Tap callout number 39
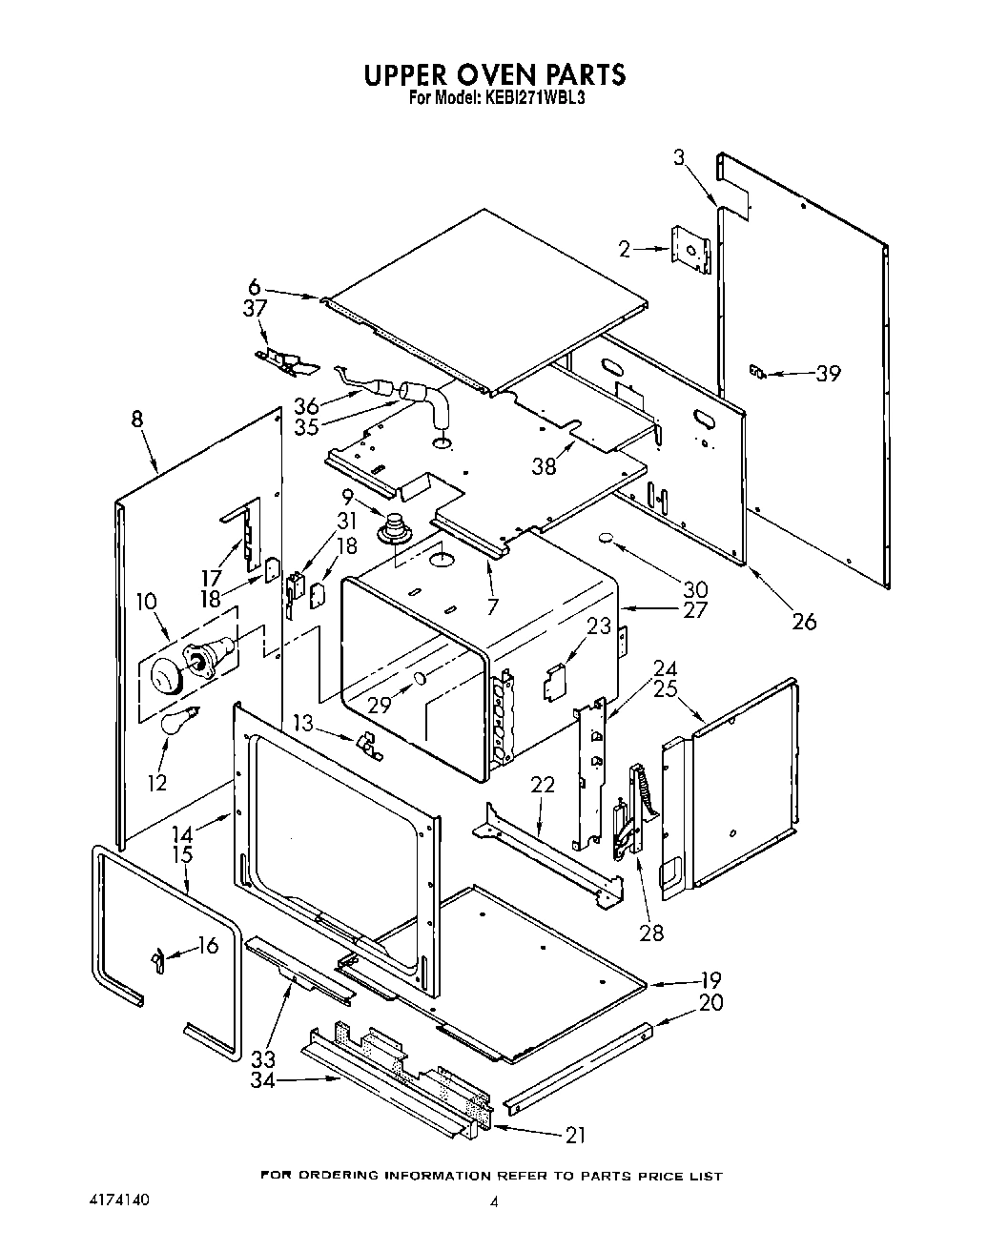pos(828,374)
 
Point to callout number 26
pos(804,622)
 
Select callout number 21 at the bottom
pos(575,1135)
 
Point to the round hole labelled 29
pos(419,678)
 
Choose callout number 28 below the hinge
pos(651,932)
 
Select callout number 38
pos(544,467)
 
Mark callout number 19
pos(710,979)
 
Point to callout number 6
pos(254,286)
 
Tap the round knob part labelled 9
pos(391,526)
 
